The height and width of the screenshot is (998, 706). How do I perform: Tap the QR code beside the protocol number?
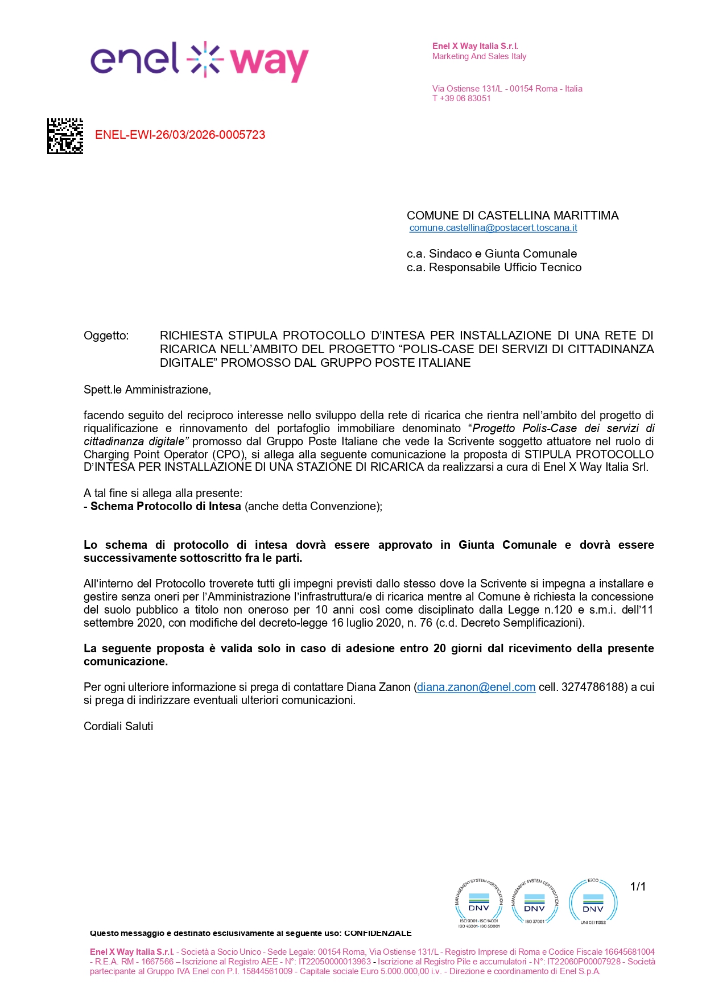[x=65, y=136]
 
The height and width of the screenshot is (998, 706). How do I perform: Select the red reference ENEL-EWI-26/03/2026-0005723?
[x=180, y=135]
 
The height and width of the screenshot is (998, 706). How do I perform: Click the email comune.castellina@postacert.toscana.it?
[x=493, y=228]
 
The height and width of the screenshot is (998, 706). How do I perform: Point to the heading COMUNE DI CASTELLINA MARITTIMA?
[x=512, y=216]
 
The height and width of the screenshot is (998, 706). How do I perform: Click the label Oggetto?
[x=106, y=336]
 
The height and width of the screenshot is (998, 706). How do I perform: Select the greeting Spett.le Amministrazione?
[x=147, y=390]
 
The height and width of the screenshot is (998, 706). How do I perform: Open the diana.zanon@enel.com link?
[x=476, y=687]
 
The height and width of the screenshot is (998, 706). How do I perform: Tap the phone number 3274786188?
[x=593, y=687]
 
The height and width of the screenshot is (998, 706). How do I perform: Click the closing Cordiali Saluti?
[x=118, y=726]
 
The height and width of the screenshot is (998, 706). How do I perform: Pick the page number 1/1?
[x=638, y=887]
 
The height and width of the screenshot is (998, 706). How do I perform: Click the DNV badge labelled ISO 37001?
[x=534, y=902]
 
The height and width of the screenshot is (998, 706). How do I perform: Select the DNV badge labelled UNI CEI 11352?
[x=593, y=902]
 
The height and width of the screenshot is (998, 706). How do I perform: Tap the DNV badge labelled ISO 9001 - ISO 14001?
[x=478, y=902]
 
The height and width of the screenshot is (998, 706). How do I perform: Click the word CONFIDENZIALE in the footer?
[x=378, y=933]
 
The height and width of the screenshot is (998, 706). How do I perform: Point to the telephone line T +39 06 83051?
[x=461, y=98]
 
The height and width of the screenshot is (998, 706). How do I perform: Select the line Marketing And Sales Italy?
[x=479, y=56]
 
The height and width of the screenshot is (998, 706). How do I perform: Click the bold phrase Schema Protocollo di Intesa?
[x=166, y=506]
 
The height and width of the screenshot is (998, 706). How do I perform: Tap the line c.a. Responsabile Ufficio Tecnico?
[x=494, y=267]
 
